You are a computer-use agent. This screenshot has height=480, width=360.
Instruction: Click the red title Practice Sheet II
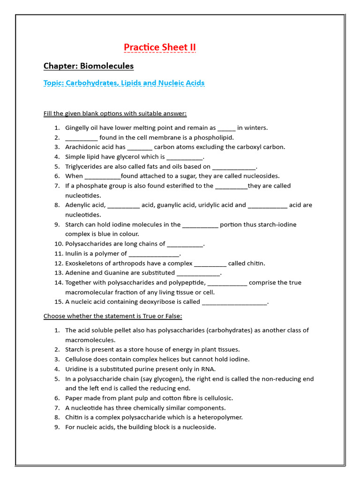[159, 47]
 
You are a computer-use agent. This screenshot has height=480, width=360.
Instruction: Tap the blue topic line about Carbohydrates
[124, 83]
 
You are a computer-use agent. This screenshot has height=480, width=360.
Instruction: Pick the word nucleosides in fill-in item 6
[262, 176]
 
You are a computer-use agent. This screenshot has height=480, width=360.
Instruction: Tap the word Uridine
[76, 369]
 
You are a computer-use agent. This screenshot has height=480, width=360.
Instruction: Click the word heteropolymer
[220, 417]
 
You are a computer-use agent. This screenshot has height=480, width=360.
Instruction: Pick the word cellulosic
[217, 398]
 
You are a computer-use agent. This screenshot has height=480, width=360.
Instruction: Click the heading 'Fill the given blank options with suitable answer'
[115, 113]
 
